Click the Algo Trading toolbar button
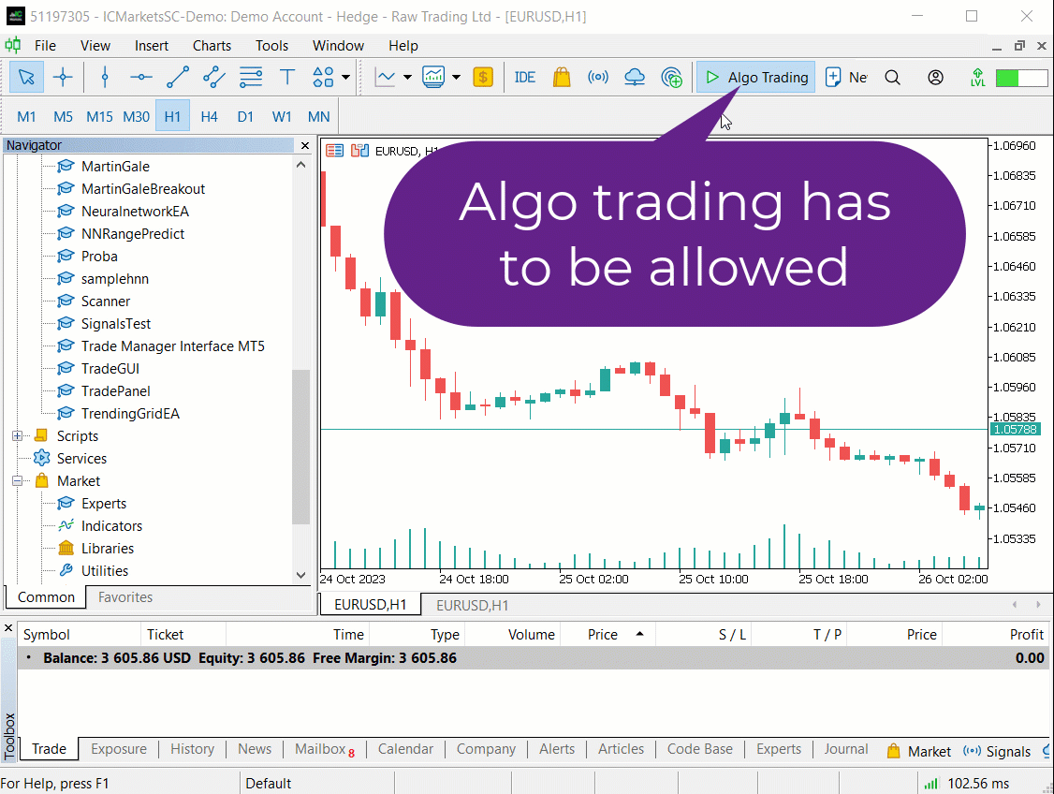(x=755, y=78)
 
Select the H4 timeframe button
(x=209, y=116)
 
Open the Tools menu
(x=271, y=46)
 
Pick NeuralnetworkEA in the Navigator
(x=135, y=211)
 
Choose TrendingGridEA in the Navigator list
(x=130, y=414)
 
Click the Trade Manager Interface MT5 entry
(x=173, y=346)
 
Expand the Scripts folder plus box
(x=18, y=435)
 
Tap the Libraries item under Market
(x=107, y=549)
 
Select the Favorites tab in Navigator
(x=125, y=597)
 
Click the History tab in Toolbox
(x=192, y=749)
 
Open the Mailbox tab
(x=320, y=749)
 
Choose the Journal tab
(x=845, y=749)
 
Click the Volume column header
(x=531, y=635)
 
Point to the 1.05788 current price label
(x=1015, y=429)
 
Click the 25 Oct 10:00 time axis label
(x=713, y=579)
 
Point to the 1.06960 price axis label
(x=1015, y=145)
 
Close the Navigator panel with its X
(x=305, y=145)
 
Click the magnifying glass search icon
(x=892, y=78)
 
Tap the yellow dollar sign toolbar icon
(x=483, y=78)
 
